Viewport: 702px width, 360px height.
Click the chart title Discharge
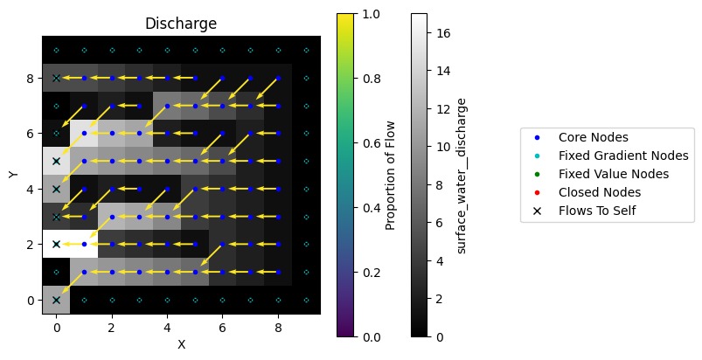pos(181,24)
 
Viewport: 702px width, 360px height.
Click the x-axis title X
pos(181,344)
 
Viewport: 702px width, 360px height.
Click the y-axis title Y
pos(13,174)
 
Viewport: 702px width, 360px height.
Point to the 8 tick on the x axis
pos(278,327)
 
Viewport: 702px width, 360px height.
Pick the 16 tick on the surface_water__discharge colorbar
pos(445,32)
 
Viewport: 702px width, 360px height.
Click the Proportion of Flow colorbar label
pos(391,175)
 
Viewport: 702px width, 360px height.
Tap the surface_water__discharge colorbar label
pos(461,175)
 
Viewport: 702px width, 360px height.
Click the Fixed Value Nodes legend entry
pos(613,174)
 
